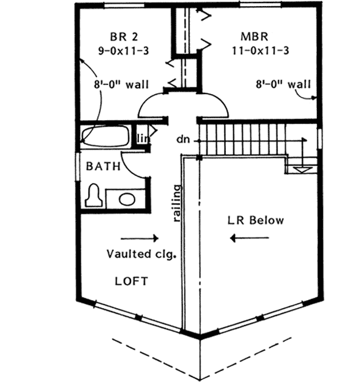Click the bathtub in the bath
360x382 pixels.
coord(106,136)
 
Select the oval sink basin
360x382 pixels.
coord(127,199)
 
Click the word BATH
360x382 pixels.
coord(101,166)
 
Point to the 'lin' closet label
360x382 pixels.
coord(143,139)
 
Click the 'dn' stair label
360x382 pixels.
coord(183,140)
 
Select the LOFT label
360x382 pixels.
coord(132,281)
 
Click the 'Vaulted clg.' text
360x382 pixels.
coord(141,254)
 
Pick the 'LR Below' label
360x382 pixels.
coord(255,221)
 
